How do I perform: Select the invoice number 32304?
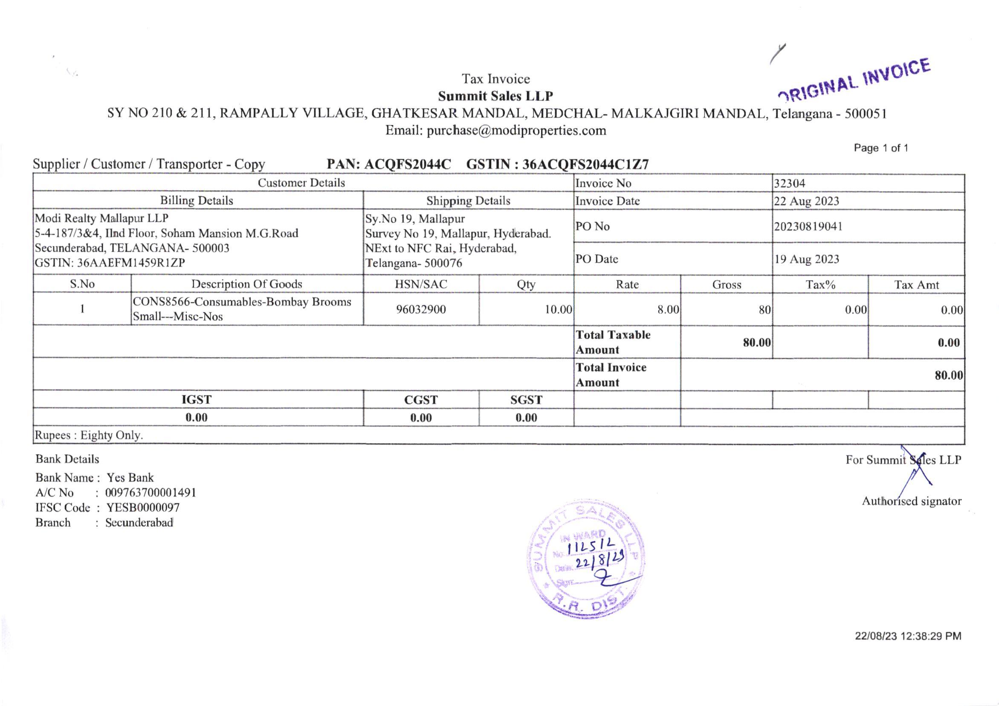click(789, 183)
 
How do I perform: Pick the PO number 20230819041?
click(808, 227)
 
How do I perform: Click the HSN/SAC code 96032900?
click(421, 309)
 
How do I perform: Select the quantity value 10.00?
click(558, 309)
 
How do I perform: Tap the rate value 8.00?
click(668, 309)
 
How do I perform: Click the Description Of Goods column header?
click(247, 284)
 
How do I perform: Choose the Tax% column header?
click(820, 285)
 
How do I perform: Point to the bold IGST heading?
click(196, 400)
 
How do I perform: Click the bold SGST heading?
click(526, 400)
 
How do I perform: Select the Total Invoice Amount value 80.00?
click(949, 375)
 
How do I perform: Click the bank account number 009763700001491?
click(151, 493)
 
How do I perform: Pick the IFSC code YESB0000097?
click(143, 508)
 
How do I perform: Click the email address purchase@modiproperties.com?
click(516, 131)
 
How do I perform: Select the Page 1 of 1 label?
click(880, 148)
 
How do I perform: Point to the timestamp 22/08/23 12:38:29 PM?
click(908, 636)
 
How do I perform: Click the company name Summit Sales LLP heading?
click(495, 96)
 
